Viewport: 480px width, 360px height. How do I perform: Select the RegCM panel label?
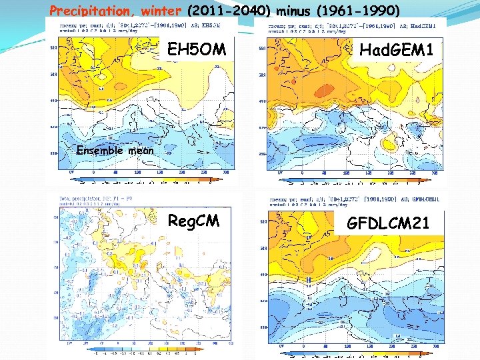click(193, 221)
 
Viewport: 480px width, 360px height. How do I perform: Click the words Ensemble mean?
click(115, 150)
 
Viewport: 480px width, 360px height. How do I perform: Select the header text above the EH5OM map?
click(140, 27)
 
